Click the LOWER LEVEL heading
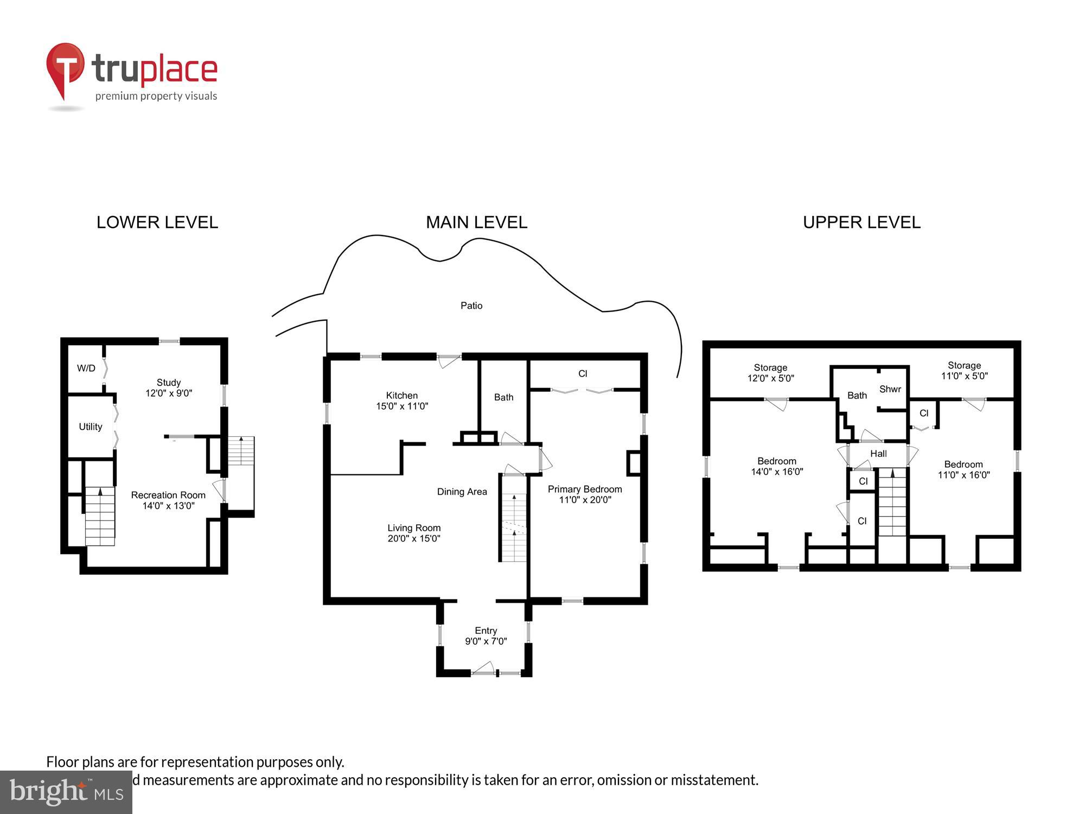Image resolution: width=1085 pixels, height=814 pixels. [x=157, y=222]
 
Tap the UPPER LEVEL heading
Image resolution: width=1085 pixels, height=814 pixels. [x=861, y=222]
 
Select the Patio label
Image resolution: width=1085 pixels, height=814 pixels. [x=471, y=306]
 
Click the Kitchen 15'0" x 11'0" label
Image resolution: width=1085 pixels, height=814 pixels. [x=402, y=400]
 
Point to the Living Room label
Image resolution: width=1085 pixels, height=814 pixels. [x=414, y=533]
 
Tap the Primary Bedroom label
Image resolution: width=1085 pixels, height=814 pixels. [x=585, y=494]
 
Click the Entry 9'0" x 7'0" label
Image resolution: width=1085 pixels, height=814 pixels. [x=486, y=635]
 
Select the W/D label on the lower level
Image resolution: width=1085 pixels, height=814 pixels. [x=86, y=368]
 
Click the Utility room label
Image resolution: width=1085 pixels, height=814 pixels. [x=90, y=427]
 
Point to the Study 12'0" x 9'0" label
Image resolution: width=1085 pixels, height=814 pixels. [x=169, y=387]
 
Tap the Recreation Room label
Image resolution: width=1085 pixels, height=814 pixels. [x=168, y=500]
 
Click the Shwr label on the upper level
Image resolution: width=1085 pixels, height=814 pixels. [x=890, y=389]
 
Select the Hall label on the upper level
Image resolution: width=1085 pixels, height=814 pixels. [x=878, y=454]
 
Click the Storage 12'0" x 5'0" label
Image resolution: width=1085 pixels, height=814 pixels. [x=770, y=373]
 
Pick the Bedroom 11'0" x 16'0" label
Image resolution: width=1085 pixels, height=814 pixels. [x=963, y=469]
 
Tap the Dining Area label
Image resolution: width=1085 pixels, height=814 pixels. [x=462, y=492]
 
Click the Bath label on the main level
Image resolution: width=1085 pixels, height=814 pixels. [x=503, y=397]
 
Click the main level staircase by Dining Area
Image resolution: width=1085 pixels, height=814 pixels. [x=513, y=526]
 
